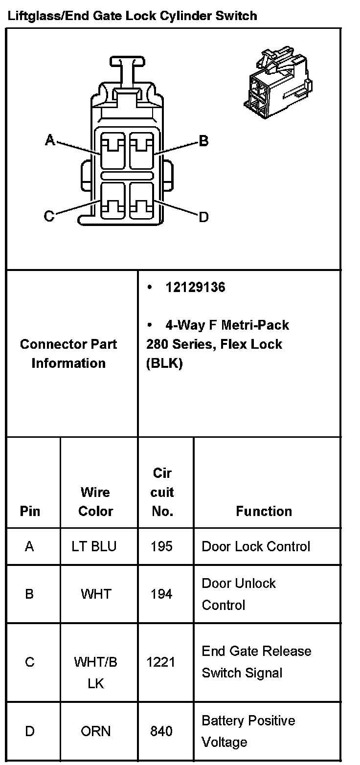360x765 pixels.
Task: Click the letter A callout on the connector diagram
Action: (x=49, y=141)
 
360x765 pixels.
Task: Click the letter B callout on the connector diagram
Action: (x=203, y=141)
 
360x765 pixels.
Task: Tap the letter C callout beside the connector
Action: (x=49, y=216)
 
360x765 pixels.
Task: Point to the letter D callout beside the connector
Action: (x=203, y=217)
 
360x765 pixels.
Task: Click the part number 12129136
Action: (x=195, y=287)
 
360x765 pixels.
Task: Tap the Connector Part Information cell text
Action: (x=68, y=353)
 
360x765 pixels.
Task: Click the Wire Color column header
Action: (x=95, y=501)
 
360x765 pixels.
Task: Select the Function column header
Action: (x=264, y=511)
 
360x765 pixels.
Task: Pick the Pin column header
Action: (x=30, y=511)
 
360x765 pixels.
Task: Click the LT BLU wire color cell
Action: (x=94, y=546)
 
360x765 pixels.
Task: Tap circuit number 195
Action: (x=161, y=546)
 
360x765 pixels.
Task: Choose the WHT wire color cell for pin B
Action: (x=96, y=594)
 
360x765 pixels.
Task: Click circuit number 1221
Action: (x=161, y=662)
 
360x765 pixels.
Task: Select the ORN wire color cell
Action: (x=96, y=731)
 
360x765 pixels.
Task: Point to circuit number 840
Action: (x=161, y=731)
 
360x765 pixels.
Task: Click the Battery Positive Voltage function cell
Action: (x=248, y=731)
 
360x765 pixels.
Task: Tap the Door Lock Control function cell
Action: (x=256, y=546)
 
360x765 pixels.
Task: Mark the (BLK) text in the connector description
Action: (x=164, y=364)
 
